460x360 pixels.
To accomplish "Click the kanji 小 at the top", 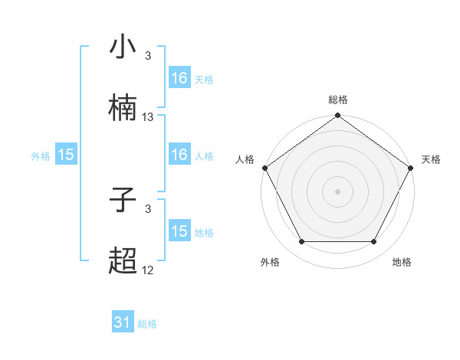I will pos(123,48).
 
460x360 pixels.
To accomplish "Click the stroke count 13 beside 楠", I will pos(148,117).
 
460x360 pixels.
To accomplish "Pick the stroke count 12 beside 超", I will pos(148,270).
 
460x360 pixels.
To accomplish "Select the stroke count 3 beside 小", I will pos(148,56).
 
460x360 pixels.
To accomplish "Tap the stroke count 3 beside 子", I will pos(148,208).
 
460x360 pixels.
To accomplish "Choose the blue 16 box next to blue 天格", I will pos(179,78).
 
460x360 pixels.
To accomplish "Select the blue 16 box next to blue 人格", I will pos(179,155).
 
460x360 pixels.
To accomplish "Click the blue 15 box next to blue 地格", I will pos(179,231).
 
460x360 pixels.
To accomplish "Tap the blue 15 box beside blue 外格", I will pos(66,155).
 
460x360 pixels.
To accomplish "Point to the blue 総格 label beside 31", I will pos(147,324).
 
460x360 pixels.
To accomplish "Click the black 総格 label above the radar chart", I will pos(338,100).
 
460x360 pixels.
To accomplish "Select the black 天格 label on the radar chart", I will pos(432,159).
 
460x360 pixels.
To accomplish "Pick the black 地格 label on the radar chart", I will pos(402,262).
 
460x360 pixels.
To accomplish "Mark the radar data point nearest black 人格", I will pos(264,167).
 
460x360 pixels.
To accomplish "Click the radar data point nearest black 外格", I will pos(301,242).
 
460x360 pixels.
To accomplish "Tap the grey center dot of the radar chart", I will pos(338,191).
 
